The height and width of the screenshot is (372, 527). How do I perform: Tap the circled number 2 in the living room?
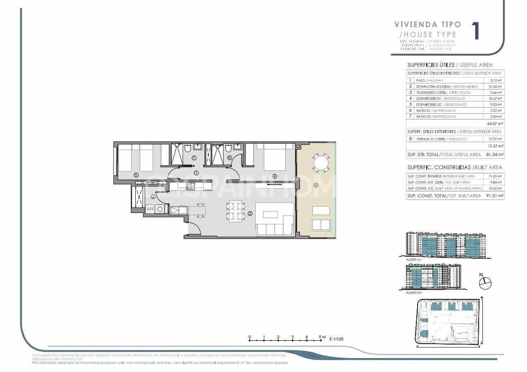[250, 214]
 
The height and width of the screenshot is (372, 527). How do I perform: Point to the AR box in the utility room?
[150, 209]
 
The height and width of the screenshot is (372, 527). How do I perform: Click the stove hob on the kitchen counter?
[191, 186]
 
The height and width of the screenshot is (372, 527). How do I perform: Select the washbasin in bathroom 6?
[238, 147]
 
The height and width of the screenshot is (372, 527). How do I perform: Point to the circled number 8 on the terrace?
[316, 186]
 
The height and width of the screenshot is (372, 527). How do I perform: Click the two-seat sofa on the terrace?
[321, 225]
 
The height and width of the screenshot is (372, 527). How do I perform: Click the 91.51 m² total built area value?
[495, 196]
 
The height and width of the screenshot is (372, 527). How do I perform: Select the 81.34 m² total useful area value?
[495, 155]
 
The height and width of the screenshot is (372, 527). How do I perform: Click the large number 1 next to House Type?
[476, 31]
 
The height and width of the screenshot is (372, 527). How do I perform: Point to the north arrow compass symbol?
[485, 282]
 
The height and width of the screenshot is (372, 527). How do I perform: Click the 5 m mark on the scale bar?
[321, 338]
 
